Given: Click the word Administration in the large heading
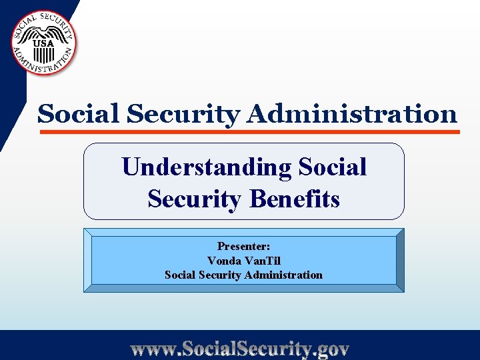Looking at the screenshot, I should [351, 114].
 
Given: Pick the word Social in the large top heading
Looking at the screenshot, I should [79, 114].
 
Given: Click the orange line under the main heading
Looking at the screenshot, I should [250, 132].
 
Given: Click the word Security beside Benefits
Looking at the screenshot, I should [194, 199].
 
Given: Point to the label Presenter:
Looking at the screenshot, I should [243, 246].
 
